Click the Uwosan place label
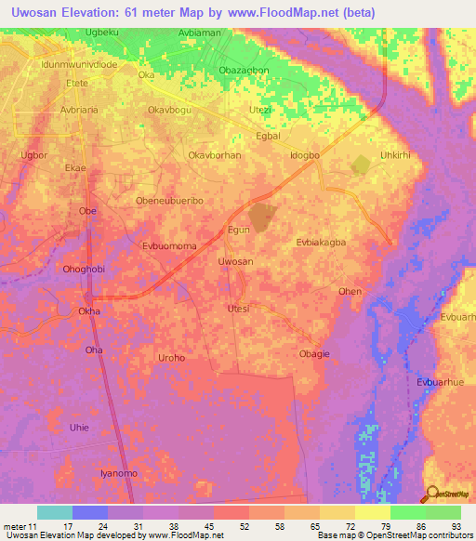click(235, 262)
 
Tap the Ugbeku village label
click(103, 33)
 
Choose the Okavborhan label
click(215, 155)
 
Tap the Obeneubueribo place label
click(169, 201)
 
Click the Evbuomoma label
click(169, 247)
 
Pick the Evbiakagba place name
click(321, 242)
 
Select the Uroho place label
click(172, 358)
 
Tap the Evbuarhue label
click(441, 383)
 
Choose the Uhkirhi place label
click(394, 154)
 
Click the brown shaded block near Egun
click(263, 217)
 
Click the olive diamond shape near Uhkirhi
click(360, 165)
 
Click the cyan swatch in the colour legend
click(55, 512)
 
